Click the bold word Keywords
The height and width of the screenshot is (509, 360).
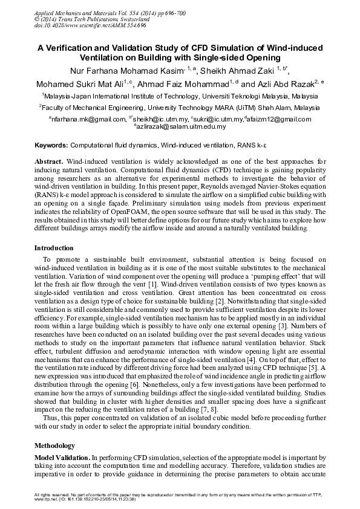(51, 146)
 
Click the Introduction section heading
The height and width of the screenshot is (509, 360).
(54, 248)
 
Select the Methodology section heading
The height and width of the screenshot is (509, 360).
(54, 446)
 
